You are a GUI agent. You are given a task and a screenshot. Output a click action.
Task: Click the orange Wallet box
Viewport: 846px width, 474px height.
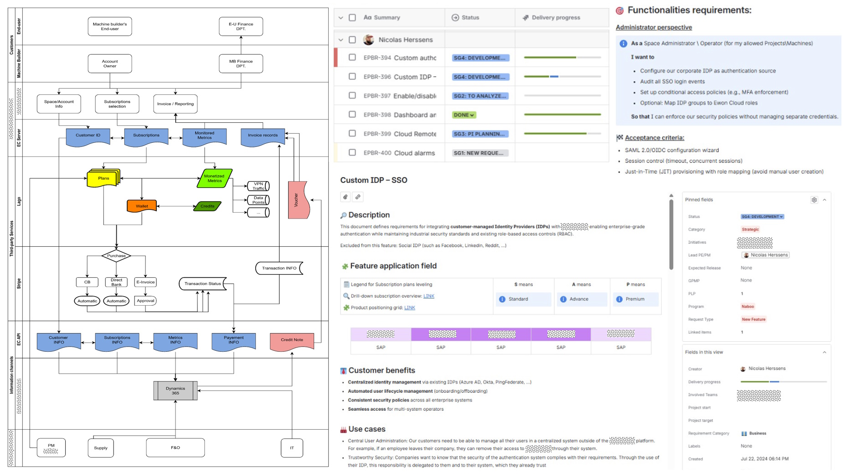pos(142,206)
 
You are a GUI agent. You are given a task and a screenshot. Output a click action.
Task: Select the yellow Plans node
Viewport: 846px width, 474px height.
pos(103,178)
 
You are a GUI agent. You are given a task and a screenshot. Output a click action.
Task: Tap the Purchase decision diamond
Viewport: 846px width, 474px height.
pos(116,256)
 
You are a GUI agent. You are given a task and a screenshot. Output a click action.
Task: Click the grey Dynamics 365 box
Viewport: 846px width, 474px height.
pos(175,391)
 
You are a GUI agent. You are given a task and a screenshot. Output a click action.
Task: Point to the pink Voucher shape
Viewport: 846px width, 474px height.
pos(298,200)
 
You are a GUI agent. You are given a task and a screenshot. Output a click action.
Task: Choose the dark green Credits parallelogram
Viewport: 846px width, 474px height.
pos(207,206)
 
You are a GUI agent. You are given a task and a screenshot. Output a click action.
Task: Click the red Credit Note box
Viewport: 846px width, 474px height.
pos(292,340)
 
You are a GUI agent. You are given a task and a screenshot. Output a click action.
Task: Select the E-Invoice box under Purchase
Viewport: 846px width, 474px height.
pos(145,282)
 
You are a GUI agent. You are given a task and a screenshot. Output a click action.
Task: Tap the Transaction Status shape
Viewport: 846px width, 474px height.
pos(203,284)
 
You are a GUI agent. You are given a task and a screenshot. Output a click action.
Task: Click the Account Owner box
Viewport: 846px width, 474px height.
pos(110,64)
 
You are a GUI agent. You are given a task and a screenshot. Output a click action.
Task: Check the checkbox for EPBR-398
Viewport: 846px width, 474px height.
pos(352,115)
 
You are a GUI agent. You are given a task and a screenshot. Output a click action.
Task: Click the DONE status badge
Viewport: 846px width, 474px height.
pos(464,115)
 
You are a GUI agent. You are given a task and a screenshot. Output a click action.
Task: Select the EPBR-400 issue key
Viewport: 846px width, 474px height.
pos(377,153)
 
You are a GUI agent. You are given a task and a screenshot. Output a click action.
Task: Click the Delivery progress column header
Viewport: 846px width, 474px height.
pos(556,18)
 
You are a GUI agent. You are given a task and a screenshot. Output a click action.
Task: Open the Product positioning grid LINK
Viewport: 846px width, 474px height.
pos(409,308)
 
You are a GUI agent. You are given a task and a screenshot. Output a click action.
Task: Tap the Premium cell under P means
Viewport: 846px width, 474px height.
pos(635,299)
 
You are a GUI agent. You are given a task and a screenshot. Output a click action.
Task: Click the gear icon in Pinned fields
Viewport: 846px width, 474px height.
pos(814,200)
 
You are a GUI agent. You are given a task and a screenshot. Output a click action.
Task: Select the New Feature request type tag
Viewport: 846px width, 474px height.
pos(753,319)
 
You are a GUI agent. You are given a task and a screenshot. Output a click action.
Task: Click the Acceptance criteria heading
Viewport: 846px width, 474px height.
pos(654,138)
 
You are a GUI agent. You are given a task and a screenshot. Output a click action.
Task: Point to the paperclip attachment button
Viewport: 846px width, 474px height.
pos(346,197)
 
